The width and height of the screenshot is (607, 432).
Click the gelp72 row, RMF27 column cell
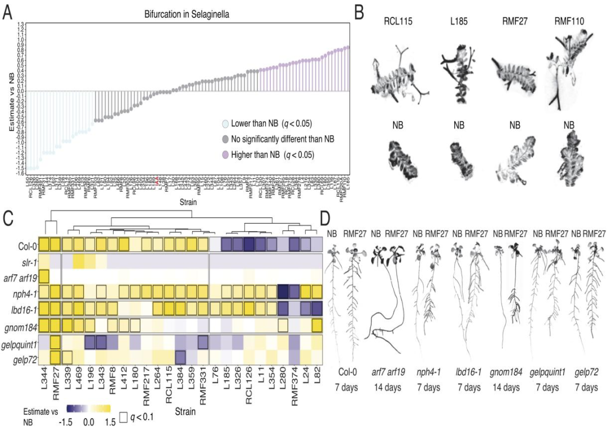coord(56,357)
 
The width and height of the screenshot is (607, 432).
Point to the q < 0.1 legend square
coord(124,416)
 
